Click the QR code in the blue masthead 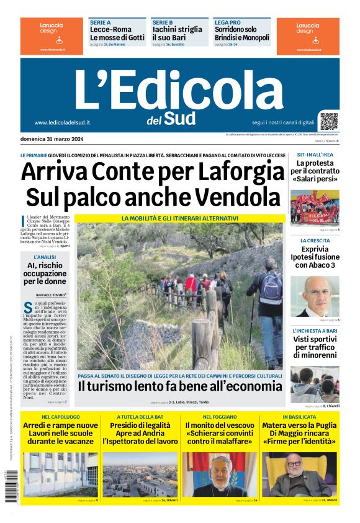(329, 121)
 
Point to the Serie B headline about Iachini (177, 33)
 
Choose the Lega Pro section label (227, 22)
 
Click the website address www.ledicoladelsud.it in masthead (62, 122)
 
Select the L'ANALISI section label (45, 257)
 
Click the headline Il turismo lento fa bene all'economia (179, 386)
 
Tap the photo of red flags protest (315, 207)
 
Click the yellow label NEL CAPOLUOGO (60, 416)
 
